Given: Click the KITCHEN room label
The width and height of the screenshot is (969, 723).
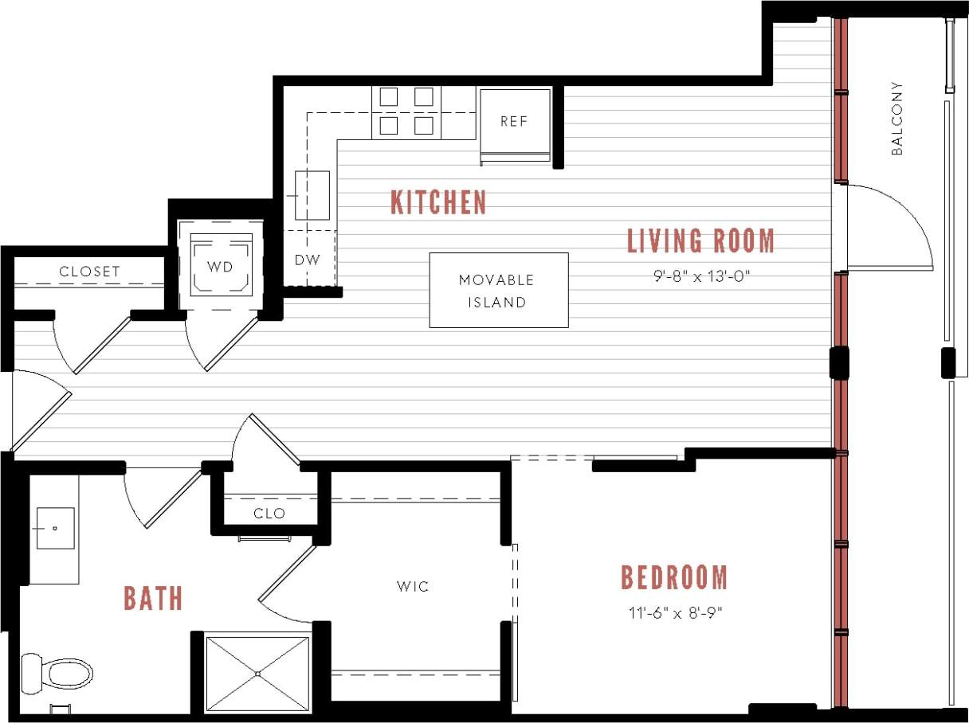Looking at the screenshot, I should [438, 202].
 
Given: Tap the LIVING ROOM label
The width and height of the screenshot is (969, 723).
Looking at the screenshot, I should [700, 240].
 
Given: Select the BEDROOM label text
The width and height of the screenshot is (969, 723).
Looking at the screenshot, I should [674, 578].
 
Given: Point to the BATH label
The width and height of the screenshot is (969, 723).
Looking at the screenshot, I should [153, 598].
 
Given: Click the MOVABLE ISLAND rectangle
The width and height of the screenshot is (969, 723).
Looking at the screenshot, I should [499, 291].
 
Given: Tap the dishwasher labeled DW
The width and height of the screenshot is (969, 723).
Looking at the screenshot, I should [308, 260].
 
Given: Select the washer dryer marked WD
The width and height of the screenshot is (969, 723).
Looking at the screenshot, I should [221, 266].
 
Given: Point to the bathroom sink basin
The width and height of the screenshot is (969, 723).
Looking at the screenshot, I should [55, 528].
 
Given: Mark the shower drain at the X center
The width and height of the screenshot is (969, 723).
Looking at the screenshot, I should [257, 674].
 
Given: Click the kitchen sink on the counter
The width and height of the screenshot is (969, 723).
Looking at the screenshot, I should [312, 195].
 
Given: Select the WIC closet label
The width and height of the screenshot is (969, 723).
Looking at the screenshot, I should [413, 587].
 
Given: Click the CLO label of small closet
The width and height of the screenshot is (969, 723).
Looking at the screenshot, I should [269, 514].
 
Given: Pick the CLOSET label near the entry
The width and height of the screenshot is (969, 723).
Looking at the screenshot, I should [89, 272].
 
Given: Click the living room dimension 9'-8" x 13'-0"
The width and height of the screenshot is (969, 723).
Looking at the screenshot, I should [700, 277].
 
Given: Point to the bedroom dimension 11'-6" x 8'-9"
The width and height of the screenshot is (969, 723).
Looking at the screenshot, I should [674, 613].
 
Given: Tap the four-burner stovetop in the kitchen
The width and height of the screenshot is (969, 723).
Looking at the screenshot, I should [406, 111].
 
